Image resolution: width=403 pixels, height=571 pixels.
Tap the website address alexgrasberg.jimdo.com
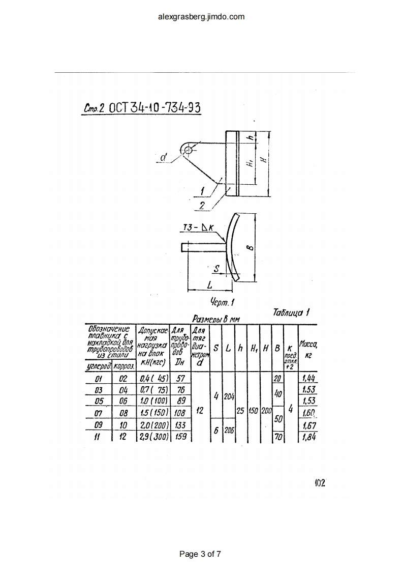pyautogui.click(x=201, y=17)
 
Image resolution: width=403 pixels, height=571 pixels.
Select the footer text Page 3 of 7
pyautogui.click(x=201, y=554)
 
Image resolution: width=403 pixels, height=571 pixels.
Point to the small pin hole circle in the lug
pyautogui.click(x=189, y=150)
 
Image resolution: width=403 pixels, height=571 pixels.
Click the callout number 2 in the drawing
pyautogui.click(x=202, y=205)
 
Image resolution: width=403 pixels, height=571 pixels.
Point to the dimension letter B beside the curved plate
pyautogui.click(x=248, y=247)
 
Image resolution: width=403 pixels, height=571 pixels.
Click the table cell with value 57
pyautogui.click(x=180, y=379)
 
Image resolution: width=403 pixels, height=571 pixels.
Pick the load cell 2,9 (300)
pyautogui.click(x=154, y=436)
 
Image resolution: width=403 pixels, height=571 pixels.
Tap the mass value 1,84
pyautogui.click(x=308, y=436)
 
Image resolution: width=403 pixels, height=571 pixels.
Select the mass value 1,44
pyautogui.click(x=308, y=378)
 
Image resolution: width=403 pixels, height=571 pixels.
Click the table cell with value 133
pyautogui.click(x=180, y=424)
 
